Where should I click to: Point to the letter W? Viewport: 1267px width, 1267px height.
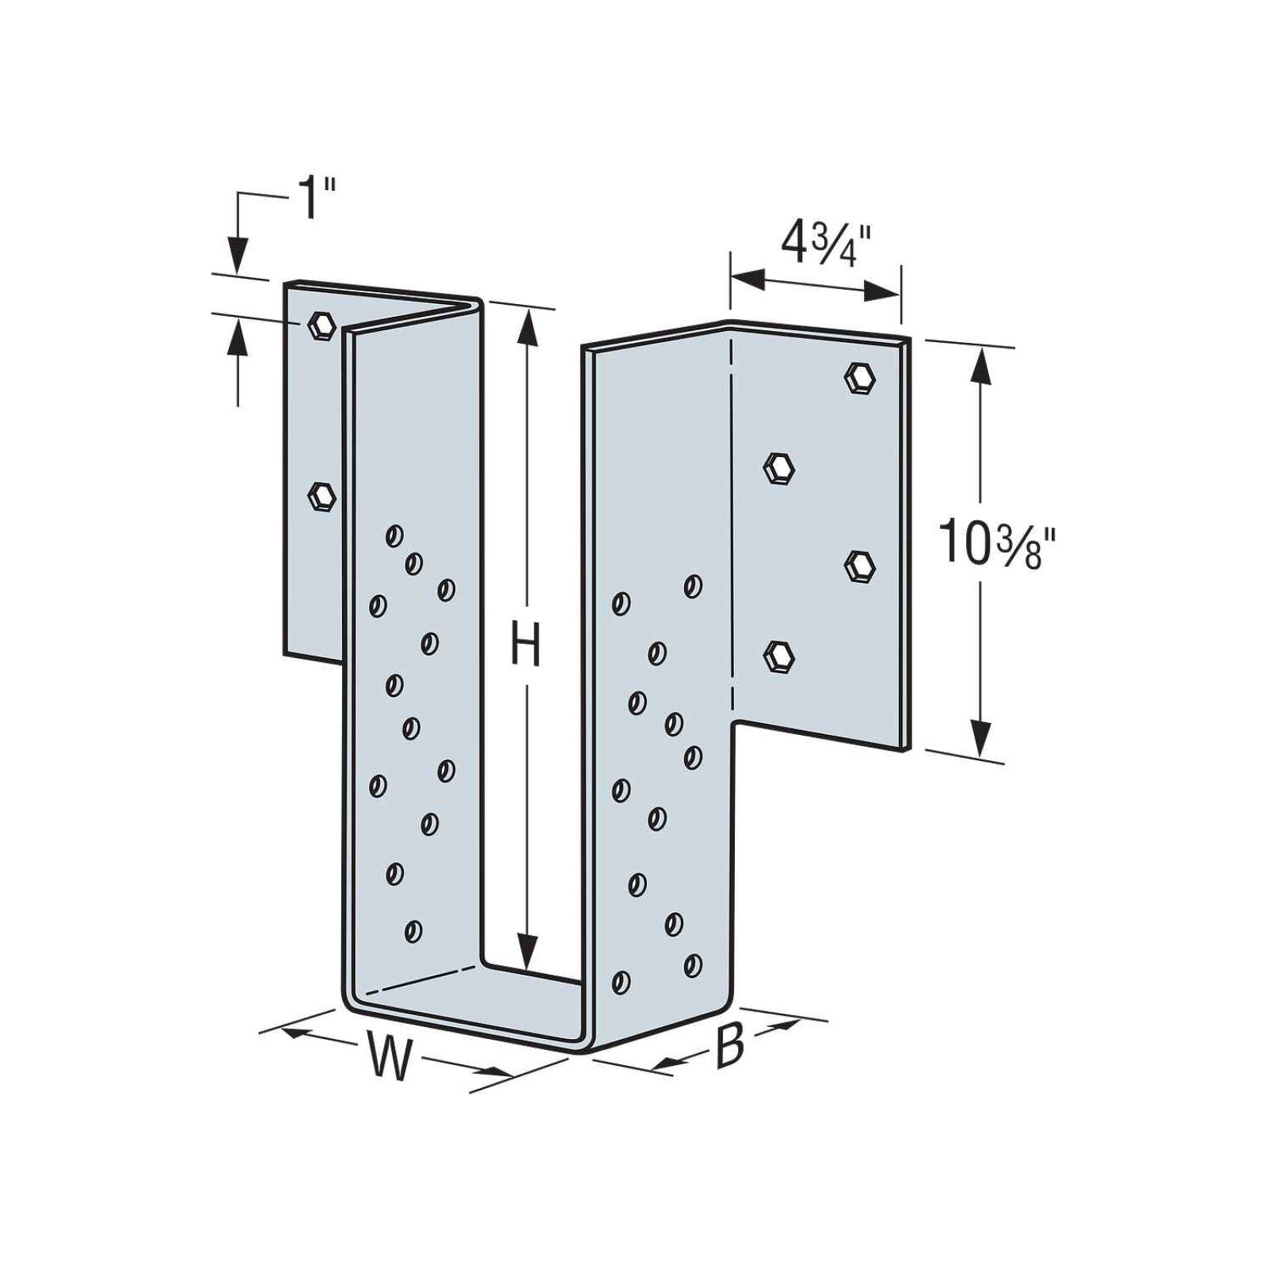pyautogui.click(x=390, y=1059)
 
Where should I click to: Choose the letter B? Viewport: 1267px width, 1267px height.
pyautogui.click(x=729, y=1045)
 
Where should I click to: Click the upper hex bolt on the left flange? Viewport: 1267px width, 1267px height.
pyautogui.click(x=321, y=325)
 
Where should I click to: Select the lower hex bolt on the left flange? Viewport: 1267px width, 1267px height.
pyautogui.click(x=322, y=497)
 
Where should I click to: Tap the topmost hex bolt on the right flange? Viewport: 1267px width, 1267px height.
pyautogui.click(x=860, y=377)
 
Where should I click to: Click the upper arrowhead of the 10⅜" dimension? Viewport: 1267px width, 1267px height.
pyautogui.click(x=982, y=364)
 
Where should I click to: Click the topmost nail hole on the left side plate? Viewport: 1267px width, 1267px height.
pyautogui.click(x=394, y=536)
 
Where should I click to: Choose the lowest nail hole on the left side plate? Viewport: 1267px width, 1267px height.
pyautogui.click(x=413, y=931)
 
